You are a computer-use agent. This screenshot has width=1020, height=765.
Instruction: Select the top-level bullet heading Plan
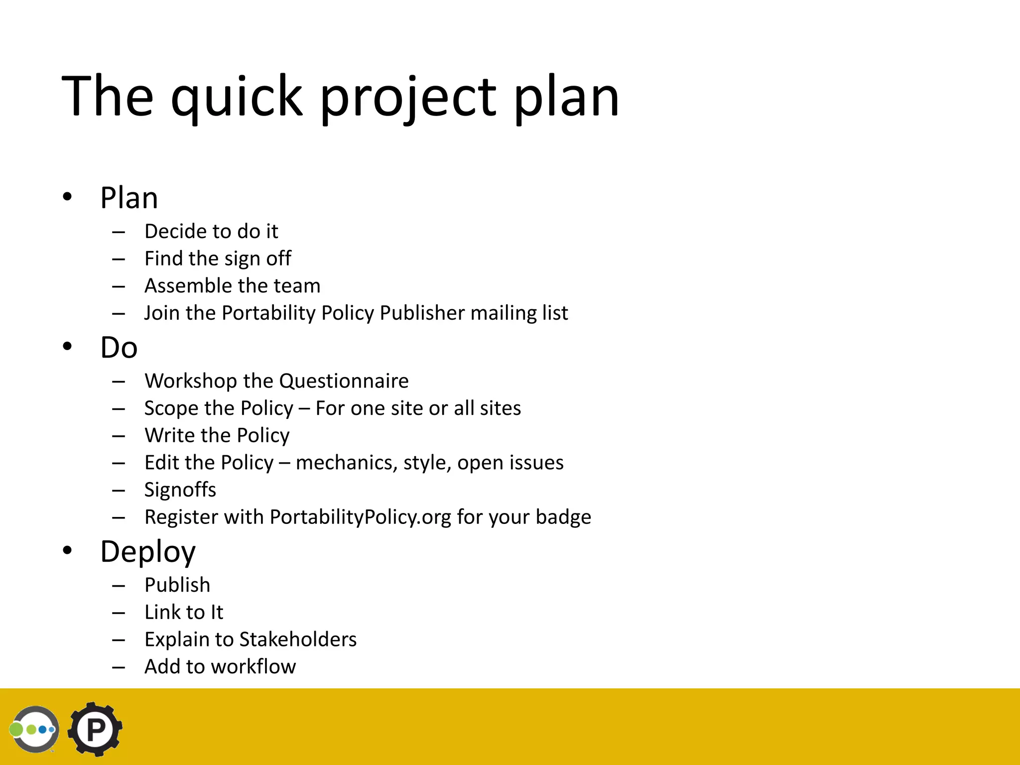pos(129,198)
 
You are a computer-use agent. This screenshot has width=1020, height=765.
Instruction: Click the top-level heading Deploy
pos(148,552)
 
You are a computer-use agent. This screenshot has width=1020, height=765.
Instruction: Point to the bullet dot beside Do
pos(67,346)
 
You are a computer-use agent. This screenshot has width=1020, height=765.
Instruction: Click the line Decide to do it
pos(211,231)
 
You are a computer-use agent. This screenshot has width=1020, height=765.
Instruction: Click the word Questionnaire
pos(344,381)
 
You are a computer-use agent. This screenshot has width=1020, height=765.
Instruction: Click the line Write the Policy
pos(217,435)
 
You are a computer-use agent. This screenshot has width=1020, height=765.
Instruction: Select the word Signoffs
pos(180,490)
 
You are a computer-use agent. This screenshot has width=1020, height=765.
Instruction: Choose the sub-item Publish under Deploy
pos(177,585)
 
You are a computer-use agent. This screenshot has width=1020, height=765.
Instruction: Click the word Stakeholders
pos(298,639)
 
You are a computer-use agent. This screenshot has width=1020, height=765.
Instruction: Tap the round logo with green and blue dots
pos(34,729)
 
